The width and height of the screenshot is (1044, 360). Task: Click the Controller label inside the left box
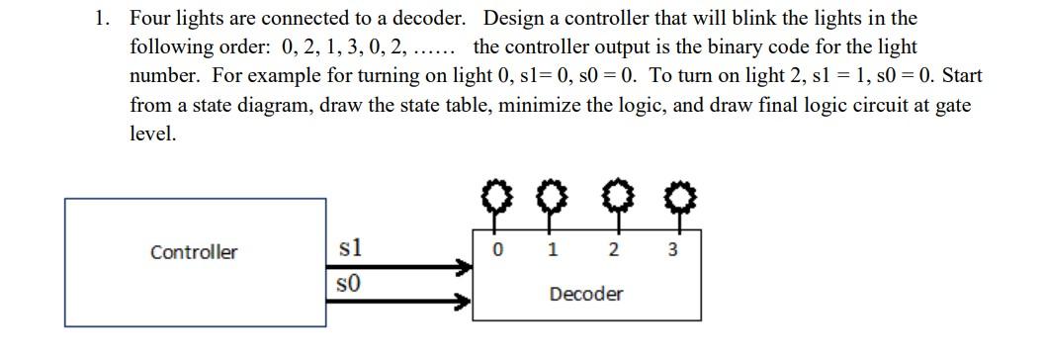tap(194, 252)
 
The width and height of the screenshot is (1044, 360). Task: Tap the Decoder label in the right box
tap(586, 294)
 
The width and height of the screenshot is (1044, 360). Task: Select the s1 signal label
tap(349, 248)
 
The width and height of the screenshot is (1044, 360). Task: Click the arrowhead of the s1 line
tap(463, 267)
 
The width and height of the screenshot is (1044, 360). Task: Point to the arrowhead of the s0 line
tap(463, 304)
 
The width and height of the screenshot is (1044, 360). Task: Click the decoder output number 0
tap(499, 250)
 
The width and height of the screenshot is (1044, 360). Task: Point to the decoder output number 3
tap(672, 250)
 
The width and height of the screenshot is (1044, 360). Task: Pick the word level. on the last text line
tap(153, 134)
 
